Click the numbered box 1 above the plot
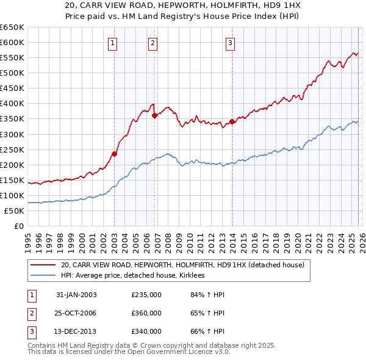pyautogui.click(x=113, y=43)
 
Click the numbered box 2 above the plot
pyautogui.click(x=152, y=43)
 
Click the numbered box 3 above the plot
pyautogui.click(x=230, y=43)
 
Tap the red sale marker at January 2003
pyautogui.click(x=114, y=154)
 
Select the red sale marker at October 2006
pyautogui.click(x=155, y=115)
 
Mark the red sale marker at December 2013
pyautogui.click(x=232, y=121)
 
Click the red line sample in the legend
pyautogui.click(x=43, y=265)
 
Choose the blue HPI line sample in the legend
pyautogui.click(x=43, y=276)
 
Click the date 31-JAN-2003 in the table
pyautogui.click(x=76, y=295)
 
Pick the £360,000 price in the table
pyautogui.click(x=146, y=313)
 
